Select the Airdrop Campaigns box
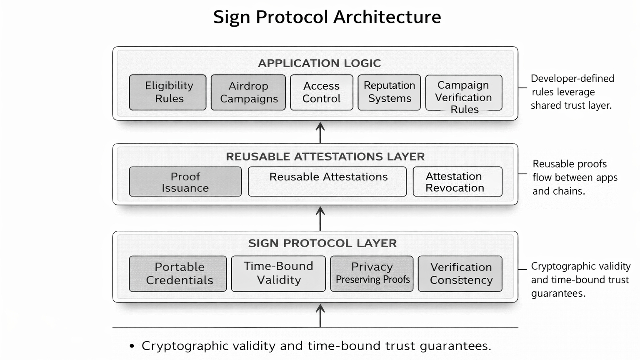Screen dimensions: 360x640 (x=248, y=92)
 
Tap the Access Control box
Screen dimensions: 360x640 (x=321, y=92)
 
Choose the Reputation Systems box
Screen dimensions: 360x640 (x=389, y=92)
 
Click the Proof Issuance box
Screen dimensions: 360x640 (x=185, y=182)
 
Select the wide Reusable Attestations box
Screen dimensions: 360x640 (x=327, y=182)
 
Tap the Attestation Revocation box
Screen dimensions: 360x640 (x=457, y=182)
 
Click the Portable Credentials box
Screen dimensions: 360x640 (x=178, y=273)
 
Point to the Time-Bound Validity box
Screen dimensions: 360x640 (x=278, y=273)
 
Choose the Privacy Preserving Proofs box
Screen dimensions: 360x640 (x=372, y=273)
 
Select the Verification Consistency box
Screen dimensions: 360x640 (x=460, y=273)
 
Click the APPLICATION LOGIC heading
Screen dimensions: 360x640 (x=319, y=63)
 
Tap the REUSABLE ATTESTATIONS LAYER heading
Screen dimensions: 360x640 (x=325, y=157)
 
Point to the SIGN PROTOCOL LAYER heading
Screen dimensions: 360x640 (x=322, y=243)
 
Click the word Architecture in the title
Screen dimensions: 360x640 (x=387, y=17)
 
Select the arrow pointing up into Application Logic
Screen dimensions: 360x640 (x=320, y=132)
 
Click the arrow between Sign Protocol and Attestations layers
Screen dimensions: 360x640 (x=320, y=218)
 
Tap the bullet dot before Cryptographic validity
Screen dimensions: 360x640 (x=132, y=346)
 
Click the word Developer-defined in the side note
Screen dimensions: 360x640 (x=572, y=78)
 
